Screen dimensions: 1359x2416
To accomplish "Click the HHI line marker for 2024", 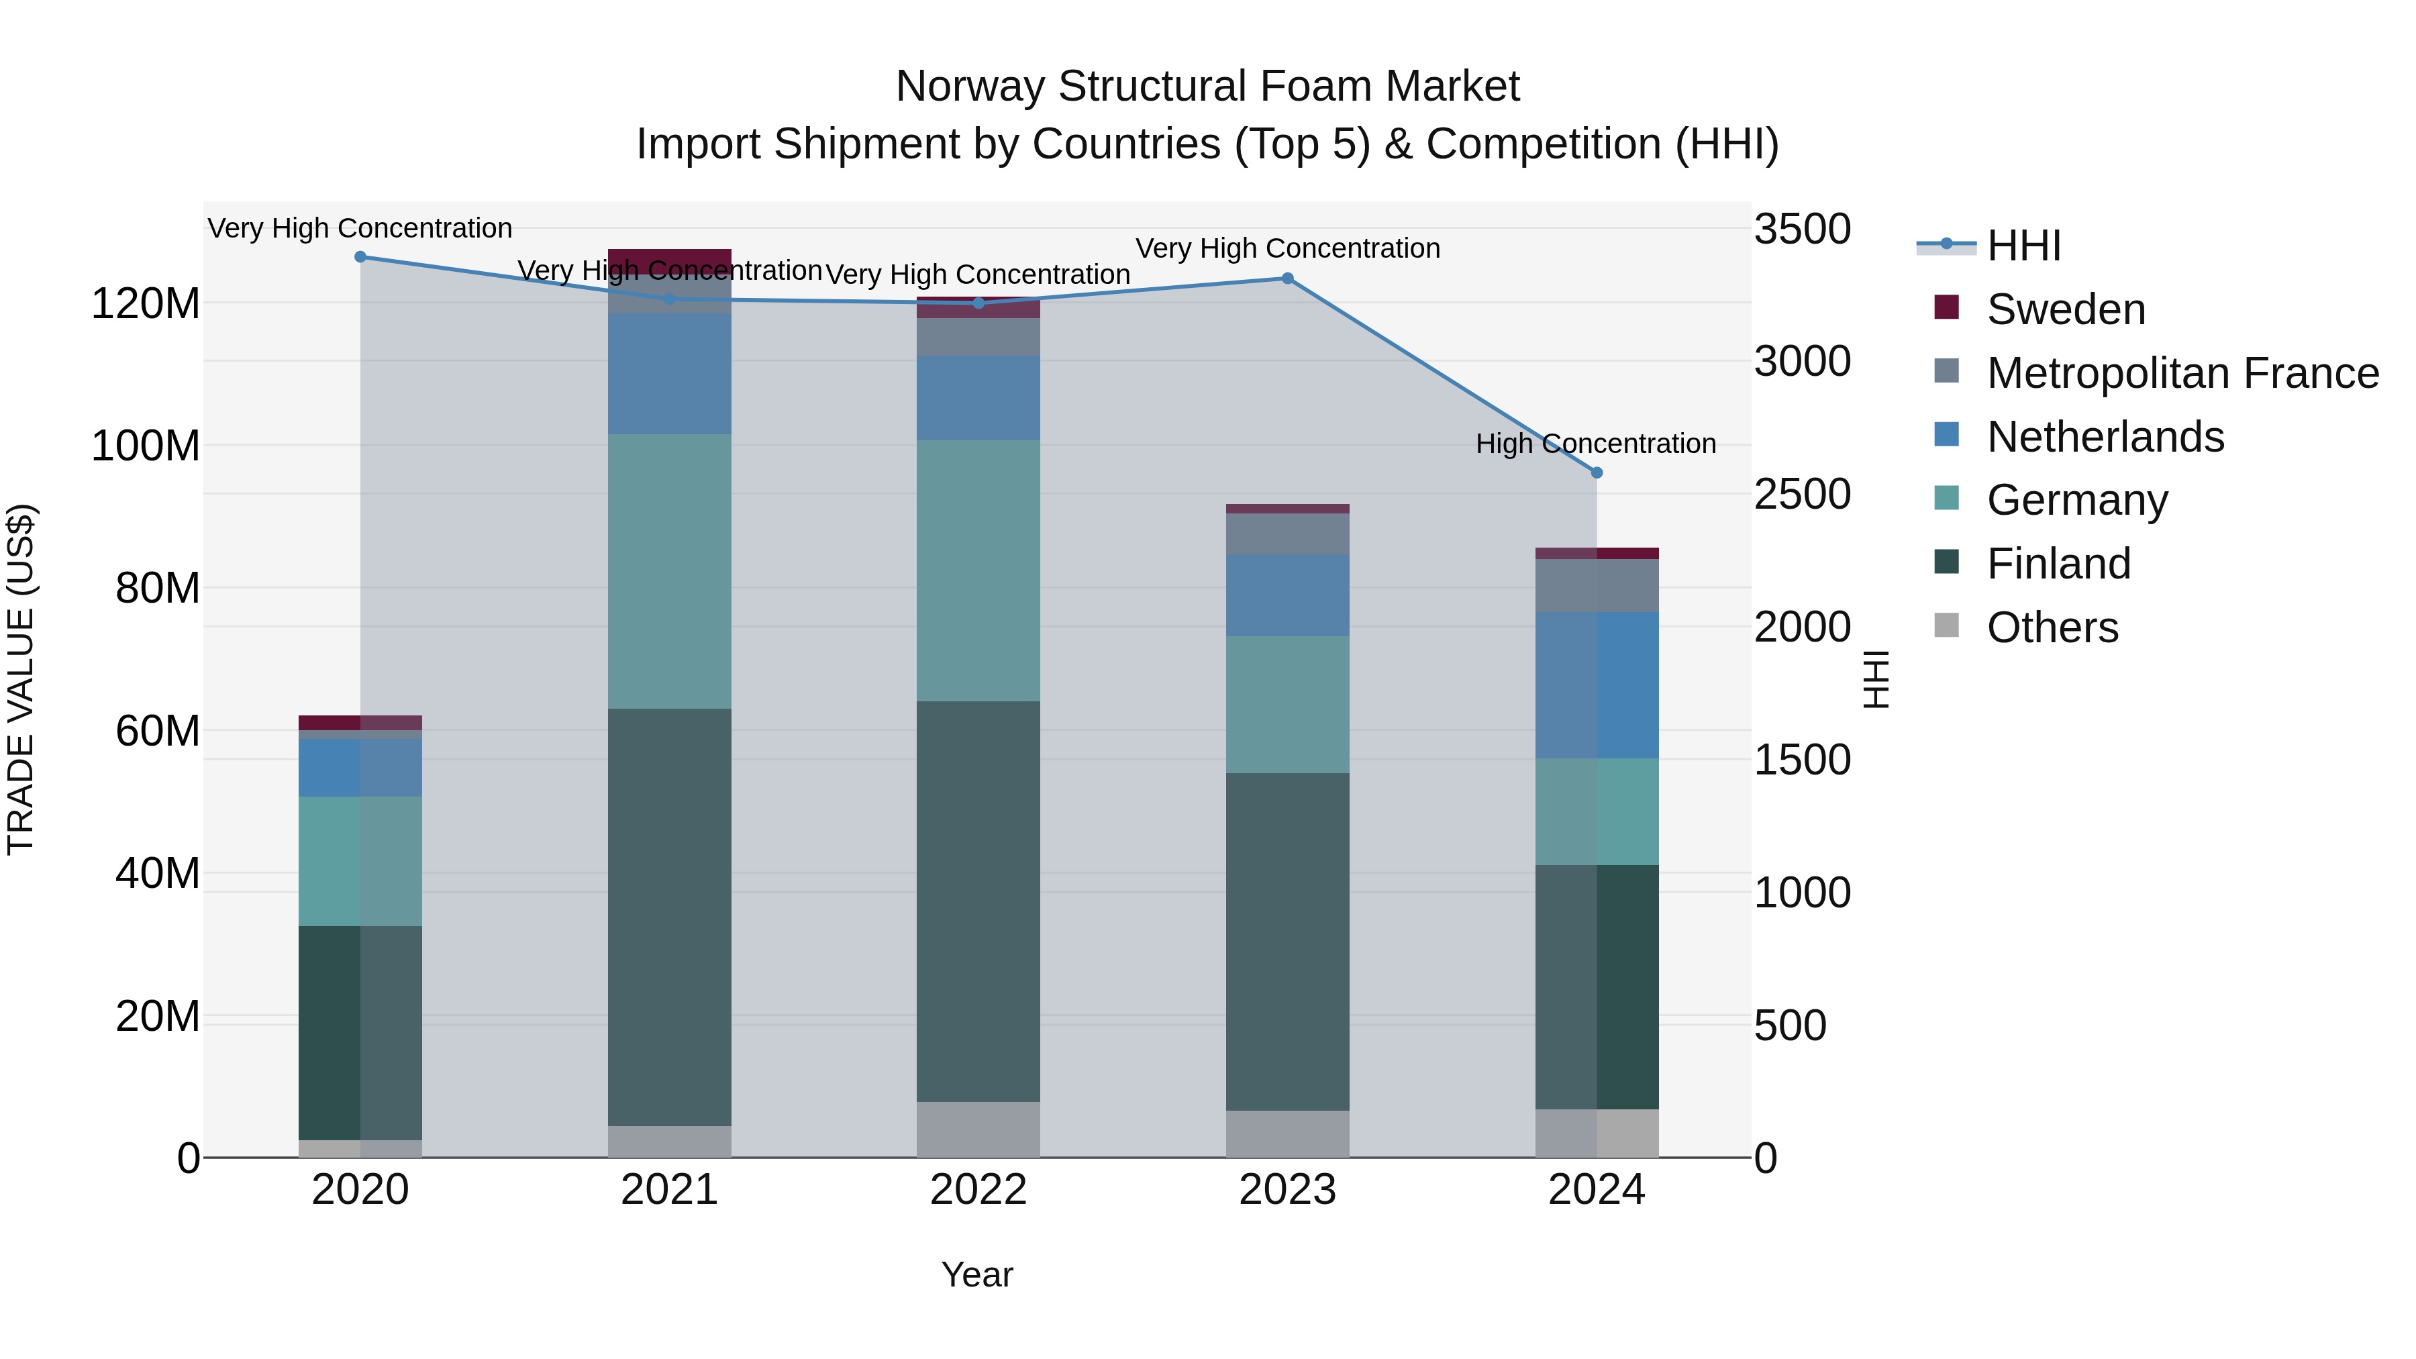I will [x=1597, y=472].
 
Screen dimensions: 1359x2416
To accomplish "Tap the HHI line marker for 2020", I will [x=360, y=257].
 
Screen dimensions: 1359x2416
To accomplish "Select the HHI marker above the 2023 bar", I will [x=1287, y=279].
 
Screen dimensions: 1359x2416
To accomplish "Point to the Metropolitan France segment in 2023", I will [x=1287, y=534].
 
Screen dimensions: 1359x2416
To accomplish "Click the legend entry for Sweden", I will [x=2065, y=309].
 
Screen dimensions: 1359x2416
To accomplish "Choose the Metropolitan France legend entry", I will [x=2182, y=373].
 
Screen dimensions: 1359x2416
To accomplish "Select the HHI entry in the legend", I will [x=2023, y=246].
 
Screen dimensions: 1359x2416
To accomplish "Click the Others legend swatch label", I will [x=2052, y=627].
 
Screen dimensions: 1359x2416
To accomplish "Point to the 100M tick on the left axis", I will [x=146, y=446].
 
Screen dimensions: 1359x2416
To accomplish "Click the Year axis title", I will [x=976, y=1274].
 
